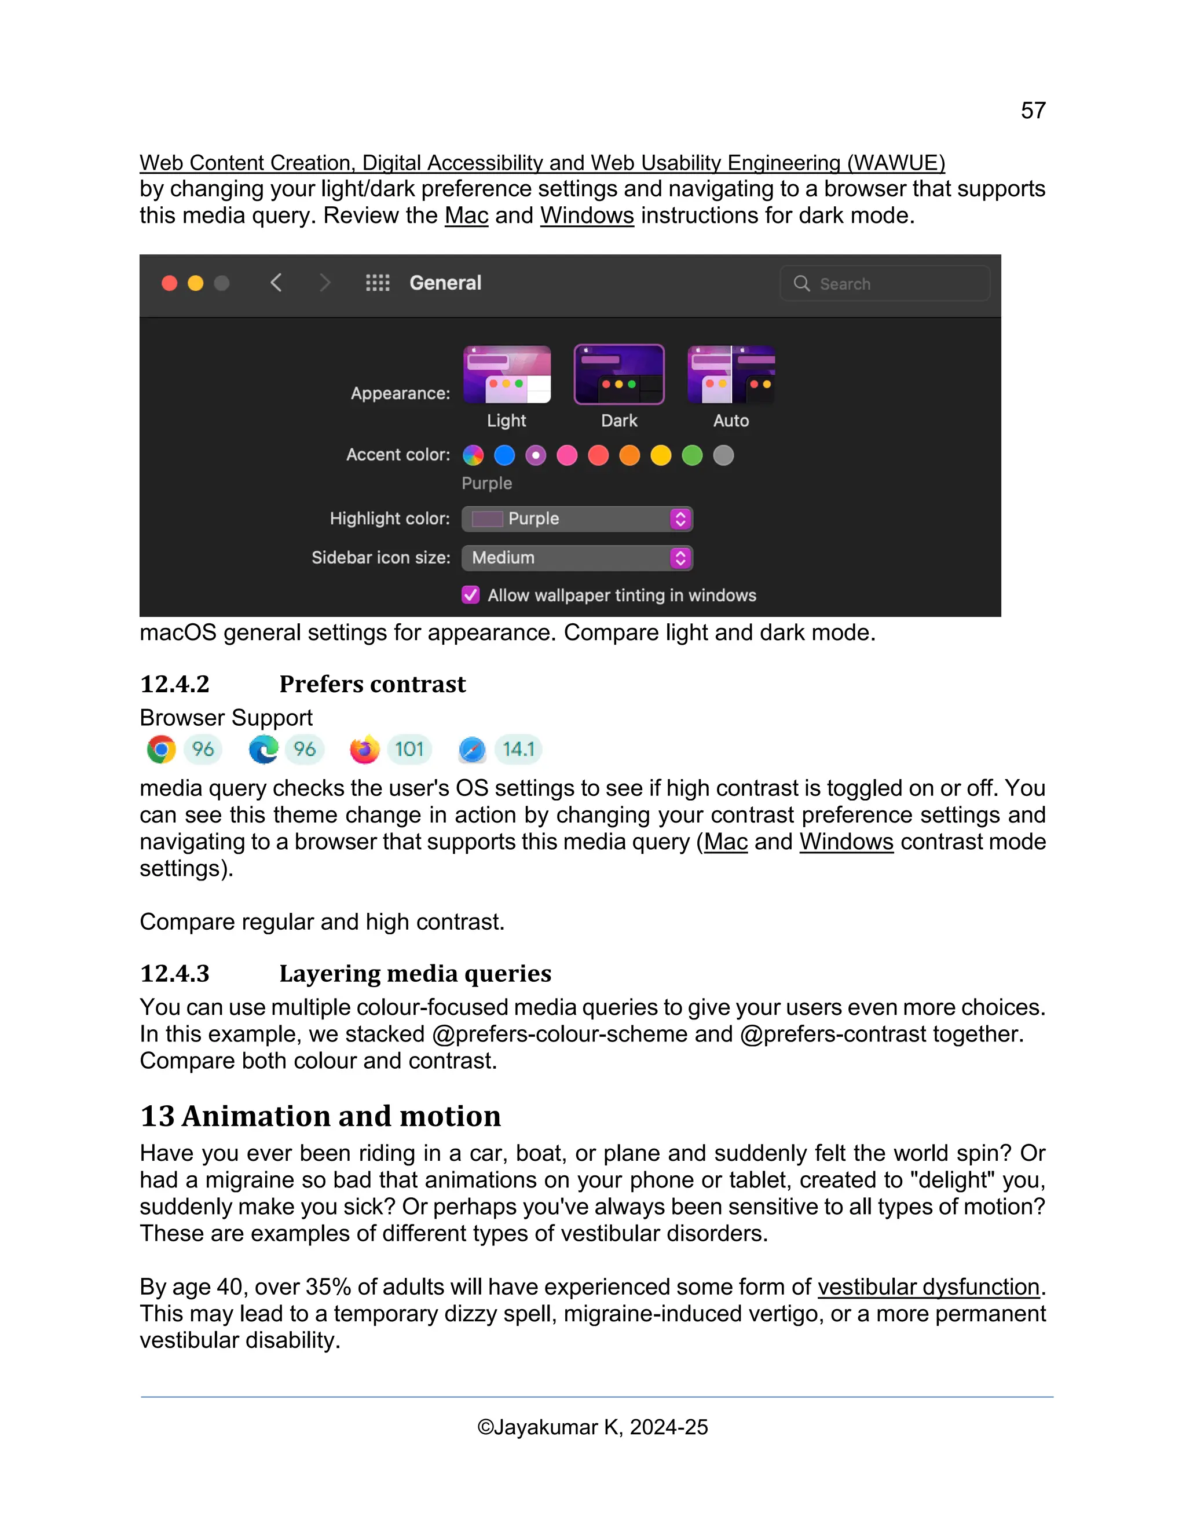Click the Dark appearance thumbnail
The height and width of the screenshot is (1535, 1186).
618,375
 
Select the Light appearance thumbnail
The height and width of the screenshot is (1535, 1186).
507,375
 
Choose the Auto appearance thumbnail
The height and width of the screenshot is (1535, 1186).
731,375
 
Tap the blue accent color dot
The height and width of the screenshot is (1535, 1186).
504,455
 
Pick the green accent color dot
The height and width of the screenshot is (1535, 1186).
692,455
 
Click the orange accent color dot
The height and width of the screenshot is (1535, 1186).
629,455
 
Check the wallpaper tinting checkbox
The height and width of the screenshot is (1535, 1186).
471,595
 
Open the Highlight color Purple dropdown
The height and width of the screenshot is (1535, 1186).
577,518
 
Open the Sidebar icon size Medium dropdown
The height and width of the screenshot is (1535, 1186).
577,558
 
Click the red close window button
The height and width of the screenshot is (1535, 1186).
169,283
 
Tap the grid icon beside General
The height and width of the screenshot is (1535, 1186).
378,283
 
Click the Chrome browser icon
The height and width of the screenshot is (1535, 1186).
162,749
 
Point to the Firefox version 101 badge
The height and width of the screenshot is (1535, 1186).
409,749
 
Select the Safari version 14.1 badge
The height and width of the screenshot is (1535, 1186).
518,749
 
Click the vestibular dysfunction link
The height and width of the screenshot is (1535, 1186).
928,1287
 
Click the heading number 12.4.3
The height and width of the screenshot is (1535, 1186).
175,974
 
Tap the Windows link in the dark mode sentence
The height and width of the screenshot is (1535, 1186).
587,216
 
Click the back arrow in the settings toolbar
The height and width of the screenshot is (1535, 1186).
276,283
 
